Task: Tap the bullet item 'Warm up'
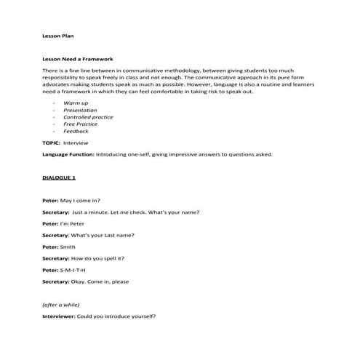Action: click(x=75, y=103)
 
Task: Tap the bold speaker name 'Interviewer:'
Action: click(x=59, y=316)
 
